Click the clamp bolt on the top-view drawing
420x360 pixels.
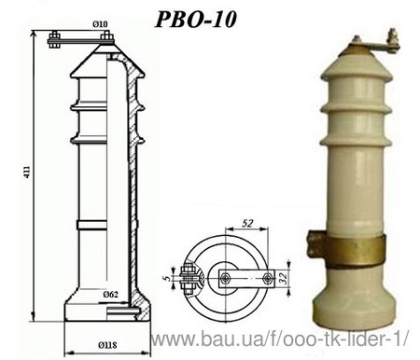coord(189,277)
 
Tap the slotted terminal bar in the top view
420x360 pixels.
coord(248,277)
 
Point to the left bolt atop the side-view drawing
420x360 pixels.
coord(55,38)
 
